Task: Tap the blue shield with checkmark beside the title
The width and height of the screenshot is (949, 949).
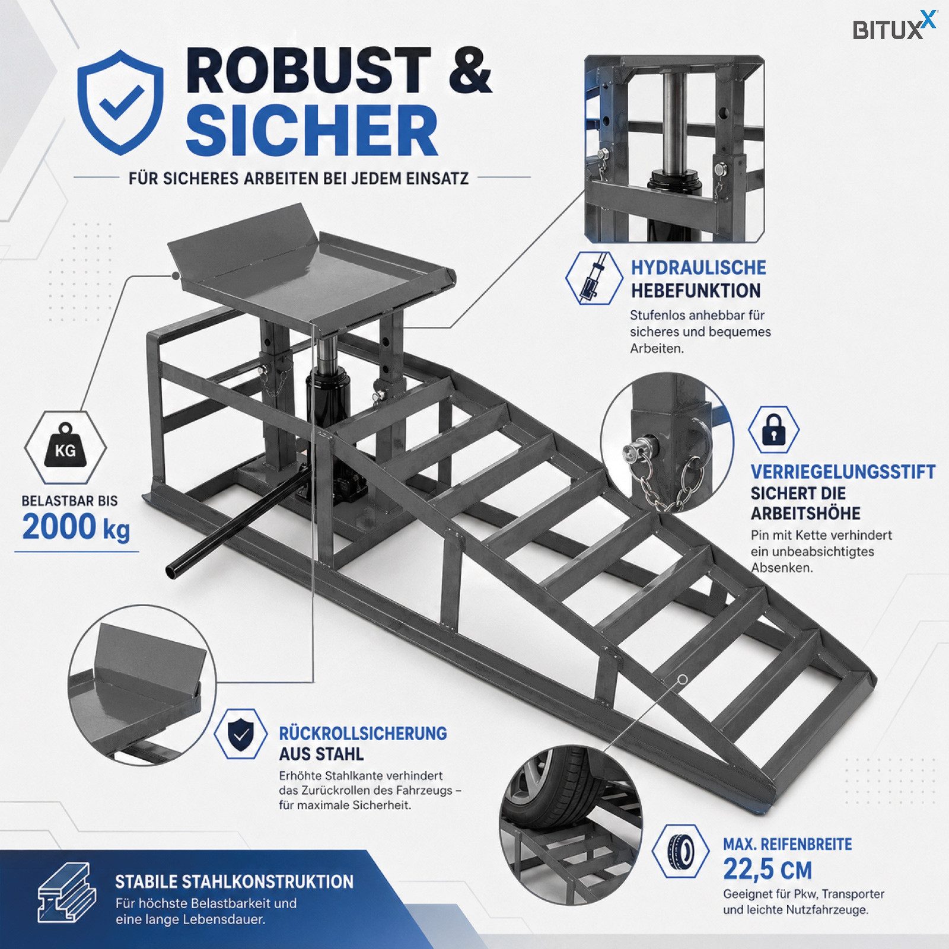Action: coord(121,102)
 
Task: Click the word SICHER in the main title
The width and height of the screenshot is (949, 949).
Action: coord(312,130)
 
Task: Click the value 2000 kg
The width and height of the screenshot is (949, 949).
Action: coord(76,527)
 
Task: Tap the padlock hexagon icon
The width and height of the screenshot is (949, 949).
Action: coord(773,429)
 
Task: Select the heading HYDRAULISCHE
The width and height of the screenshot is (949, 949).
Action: coord(698,267)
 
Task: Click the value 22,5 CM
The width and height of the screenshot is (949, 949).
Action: coord(768,870)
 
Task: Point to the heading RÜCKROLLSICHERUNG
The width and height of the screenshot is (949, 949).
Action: coord(363,733)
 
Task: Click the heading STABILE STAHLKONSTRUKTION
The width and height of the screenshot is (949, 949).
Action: coord(234,881)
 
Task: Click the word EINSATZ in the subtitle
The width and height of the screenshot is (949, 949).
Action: coord(437,178)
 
